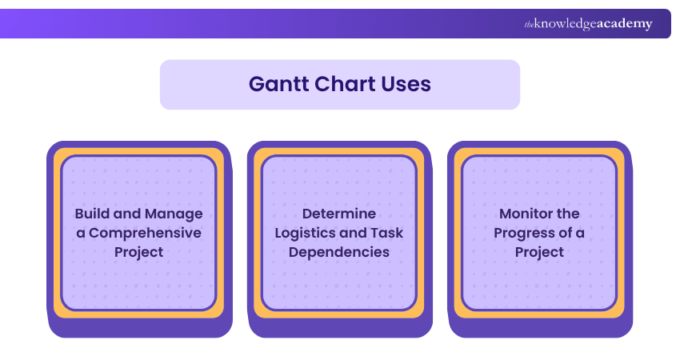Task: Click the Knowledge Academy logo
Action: (x=588, y=24)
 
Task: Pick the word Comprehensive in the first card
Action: (x=145, y=233)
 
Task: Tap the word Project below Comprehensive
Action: (x=138, y=252)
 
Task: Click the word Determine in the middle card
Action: (x=338, y=214)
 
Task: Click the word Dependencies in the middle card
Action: (x=338, y=252)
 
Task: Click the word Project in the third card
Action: (x=538, y=252)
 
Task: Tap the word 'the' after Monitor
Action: (x=567, y=214)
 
